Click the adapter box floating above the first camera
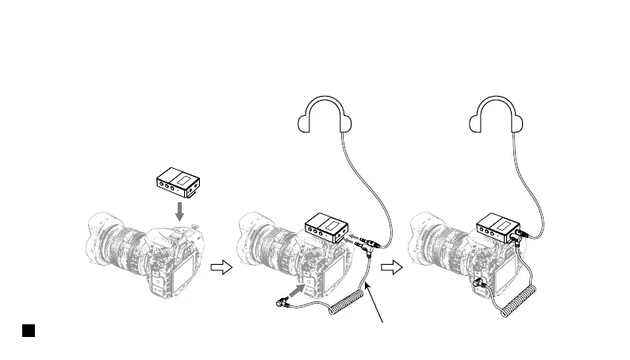(x=179, y=183)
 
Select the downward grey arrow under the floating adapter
(x=180, y=210)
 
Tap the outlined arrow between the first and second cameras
(x=221, y=269)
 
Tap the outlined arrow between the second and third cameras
(x=391, y=269)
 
